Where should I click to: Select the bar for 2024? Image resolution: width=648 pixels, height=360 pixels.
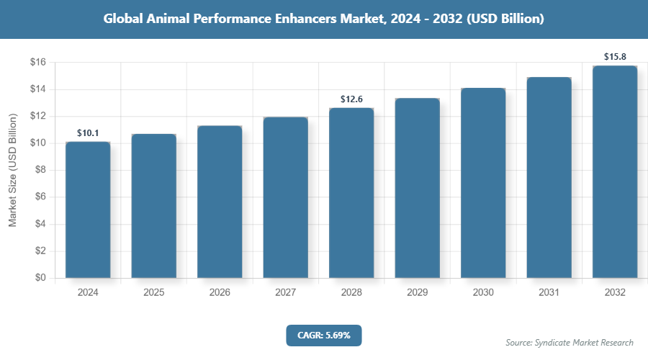click(x=88, y=210)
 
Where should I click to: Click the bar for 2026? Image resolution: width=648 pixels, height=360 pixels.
click(x=220, y=202)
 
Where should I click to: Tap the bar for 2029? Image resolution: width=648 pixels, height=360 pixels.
click(x=417, y=188)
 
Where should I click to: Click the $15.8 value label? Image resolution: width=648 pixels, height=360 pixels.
click(x=614, y=55)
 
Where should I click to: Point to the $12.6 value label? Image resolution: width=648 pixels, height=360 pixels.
click(x=351, y=99)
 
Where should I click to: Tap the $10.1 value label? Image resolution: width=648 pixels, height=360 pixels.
click(x=88, y=132)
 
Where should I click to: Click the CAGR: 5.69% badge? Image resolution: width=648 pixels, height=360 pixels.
click(x=323, y=335)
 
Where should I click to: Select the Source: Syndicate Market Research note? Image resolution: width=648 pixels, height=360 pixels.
click(x=570, y=342)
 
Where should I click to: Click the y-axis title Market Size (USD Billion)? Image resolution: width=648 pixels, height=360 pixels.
click(x=12, y=170)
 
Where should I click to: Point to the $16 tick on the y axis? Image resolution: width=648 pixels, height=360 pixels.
click(x=38, y=63)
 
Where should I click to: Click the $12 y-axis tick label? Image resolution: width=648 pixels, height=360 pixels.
click(x=38, y=116)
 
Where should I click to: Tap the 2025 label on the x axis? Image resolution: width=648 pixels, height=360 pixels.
click(x=153, y=293)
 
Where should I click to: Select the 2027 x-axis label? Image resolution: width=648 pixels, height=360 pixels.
click(x=285, y=293)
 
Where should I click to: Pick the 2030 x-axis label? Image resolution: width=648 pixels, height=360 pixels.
click(x=483, y=293)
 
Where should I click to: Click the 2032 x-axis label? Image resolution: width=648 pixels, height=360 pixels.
click(x=615, y=293)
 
